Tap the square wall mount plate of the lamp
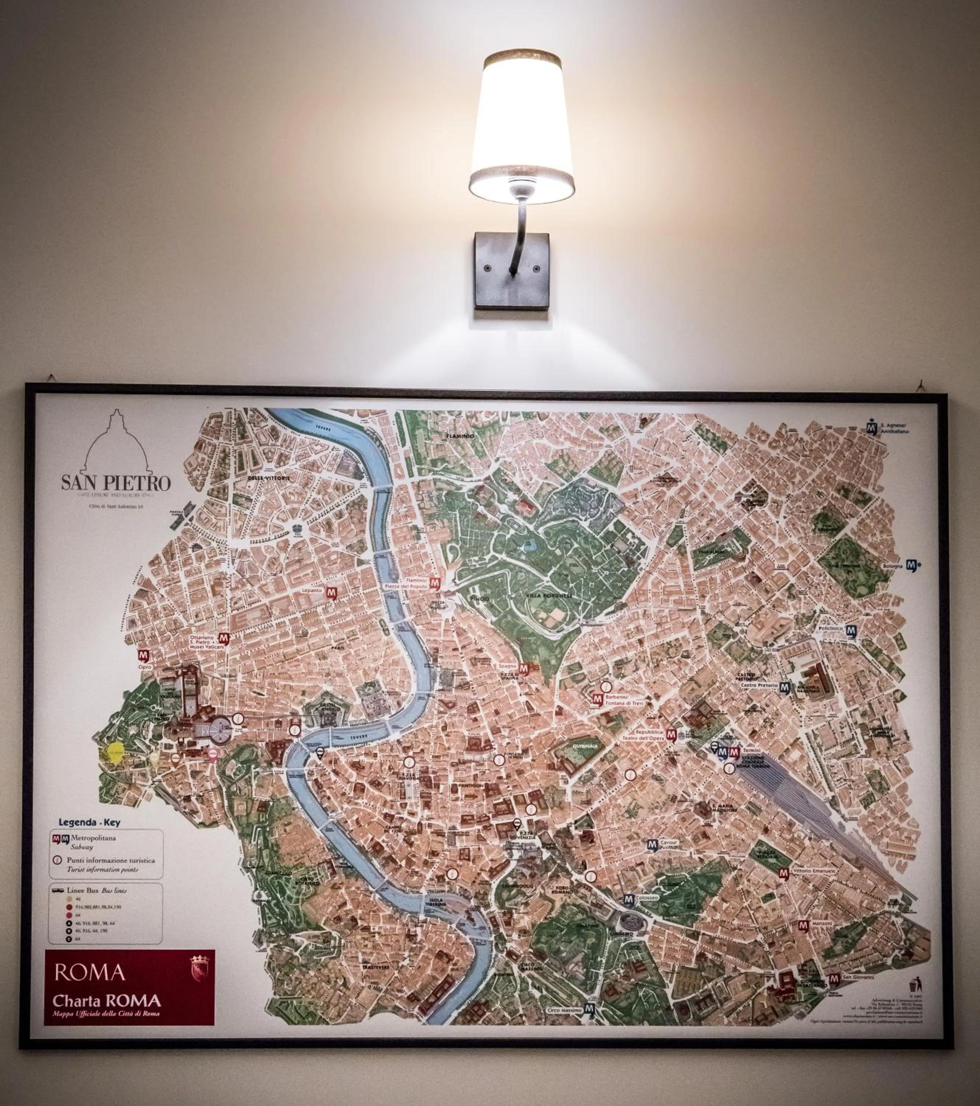(x=511, y=271)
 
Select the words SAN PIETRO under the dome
(x=116, y=483)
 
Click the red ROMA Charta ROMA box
(x=129, y=987)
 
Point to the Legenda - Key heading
(x=89, y=822)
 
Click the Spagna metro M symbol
(x=523, y=669)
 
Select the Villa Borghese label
(x=548, y=595)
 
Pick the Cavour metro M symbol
(x=652, y=845)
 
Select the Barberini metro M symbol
(x=597, y=699)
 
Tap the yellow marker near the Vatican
(x=115, y=751)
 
